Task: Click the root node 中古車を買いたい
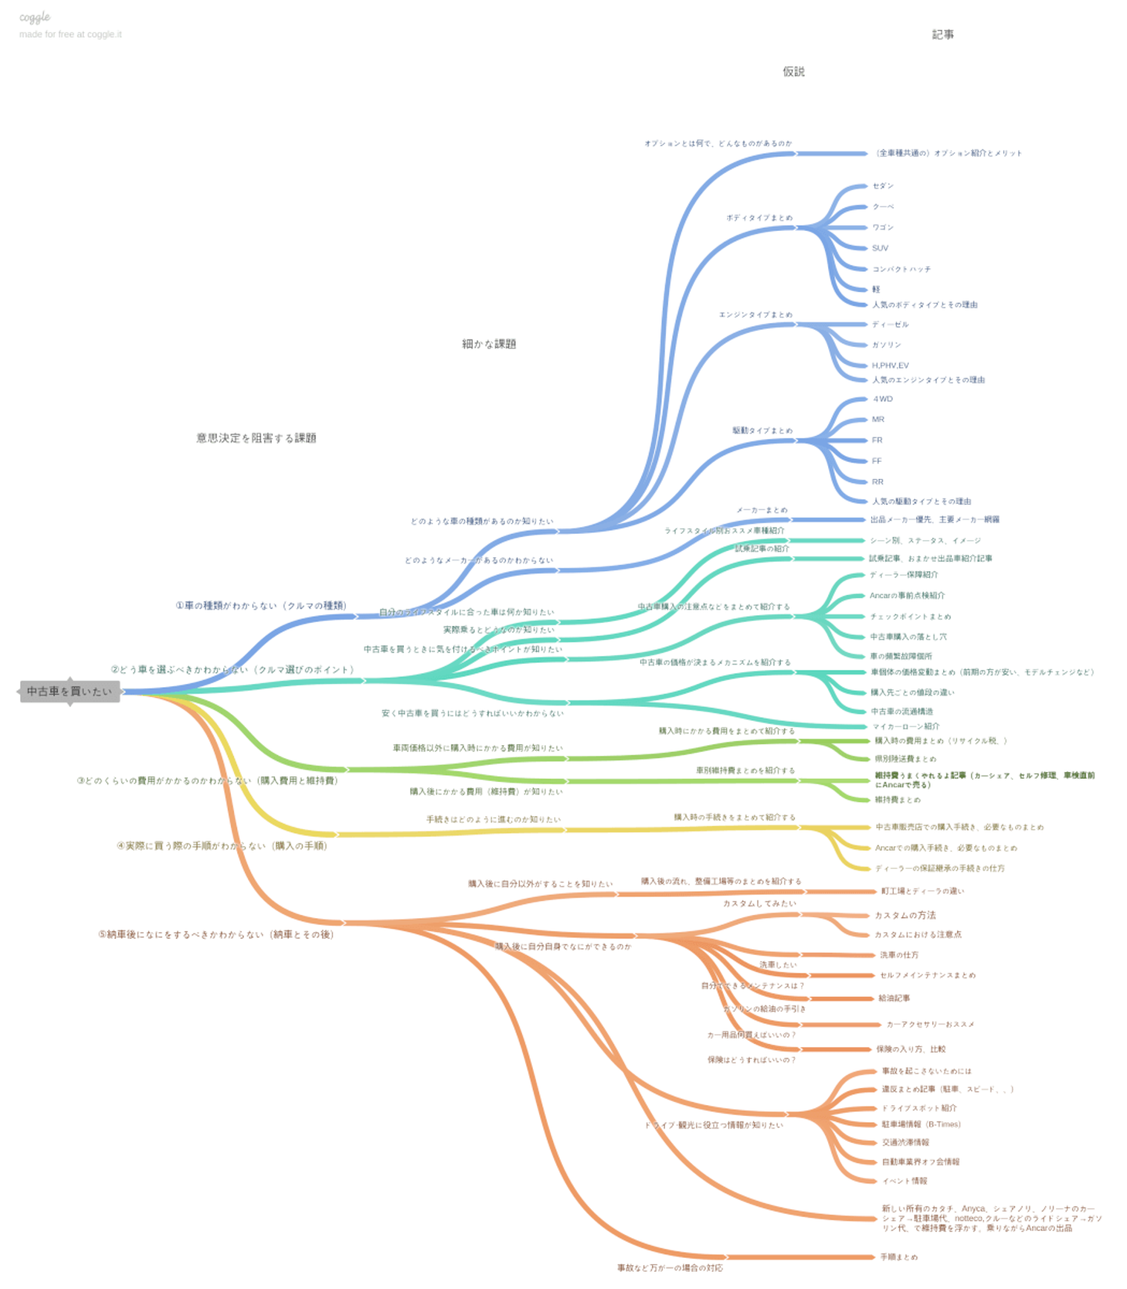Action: tap(70, 692)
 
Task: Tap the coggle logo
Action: tap(34, 17)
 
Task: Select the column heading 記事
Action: tap(942, 34)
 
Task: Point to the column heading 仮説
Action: tap(794, 72)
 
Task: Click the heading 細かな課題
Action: tap(489, 344)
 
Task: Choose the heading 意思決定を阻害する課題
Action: tap(256, 438)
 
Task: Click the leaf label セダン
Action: tap(883, 186)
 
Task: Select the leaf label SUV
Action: tap(880, 248)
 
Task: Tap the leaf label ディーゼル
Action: tap(891, 325)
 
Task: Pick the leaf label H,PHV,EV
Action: tap(890, 365)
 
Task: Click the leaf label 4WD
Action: tap(883, 399)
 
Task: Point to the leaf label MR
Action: tap(878, 419)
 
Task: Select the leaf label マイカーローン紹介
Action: tap(906, 726)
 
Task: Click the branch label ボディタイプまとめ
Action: tap(759, 218)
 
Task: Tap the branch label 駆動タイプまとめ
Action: tap(762, 430)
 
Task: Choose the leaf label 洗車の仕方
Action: tap(899, 955)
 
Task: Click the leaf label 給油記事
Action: tap(894, 998)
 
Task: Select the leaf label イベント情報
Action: tap(904, 1181)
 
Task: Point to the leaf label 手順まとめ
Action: tap(898, 1257)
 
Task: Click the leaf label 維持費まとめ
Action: tap(898, 800)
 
